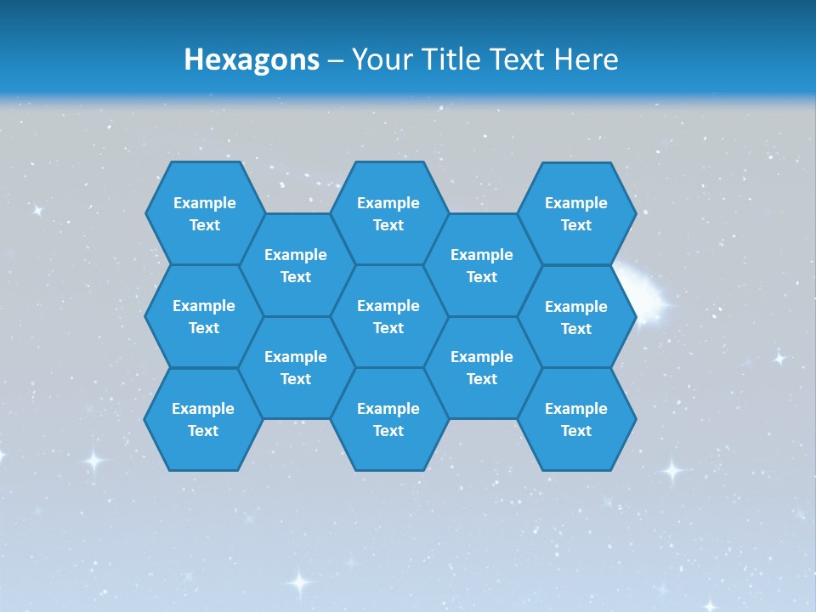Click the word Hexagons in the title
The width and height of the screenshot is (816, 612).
coord(252,59)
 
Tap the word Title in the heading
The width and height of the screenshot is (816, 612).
coord(451,59)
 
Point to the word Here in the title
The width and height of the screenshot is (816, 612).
coord(586,59)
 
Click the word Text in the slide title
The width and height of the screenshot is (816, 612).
coord(519,59)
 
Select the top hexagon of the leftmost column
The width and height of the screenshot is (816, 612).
coord(204,213)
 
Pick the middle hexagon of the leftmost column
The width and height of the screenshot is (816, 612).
coord(204,316)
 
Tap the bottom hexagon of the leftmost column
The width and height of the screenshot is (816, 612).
coord(203,419)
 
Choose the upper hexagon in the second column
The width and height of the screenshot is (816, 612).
coord(296,265)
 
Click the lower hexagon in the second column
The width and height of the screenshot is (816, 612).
coord(296,367)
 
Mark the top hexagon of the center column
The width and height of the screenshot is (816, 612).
coord(388,213)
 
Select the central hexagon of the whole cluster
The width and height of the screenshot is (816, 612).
coord(388,316)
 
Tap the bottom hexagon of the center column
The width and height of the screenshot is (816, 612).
coord(388,419)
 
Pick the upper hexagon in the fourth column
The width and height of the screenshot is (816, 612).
coord(482,265)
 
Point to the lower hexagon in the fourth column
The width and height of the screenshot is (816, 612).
coord(482,367)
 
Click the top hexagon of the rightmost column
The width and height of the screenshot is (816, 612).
coord(576,213)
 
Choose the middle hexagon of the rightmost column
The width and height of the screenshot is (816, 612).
coord(576,317)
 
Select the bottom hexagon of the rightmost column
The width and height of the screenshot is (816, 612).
coord(576,419)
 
